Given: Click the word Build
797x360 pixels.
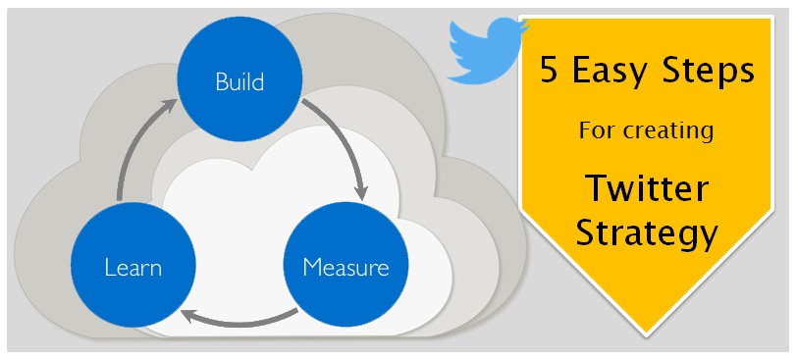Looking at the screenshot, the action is (240, 80).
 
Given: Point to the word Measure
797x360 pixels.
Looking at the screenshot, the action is (345, 267).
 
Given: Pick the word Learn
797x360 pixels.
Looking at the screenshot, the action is (133, 267).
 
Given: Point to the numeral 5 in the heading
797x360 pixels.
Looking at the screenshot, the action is (548, 72).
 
